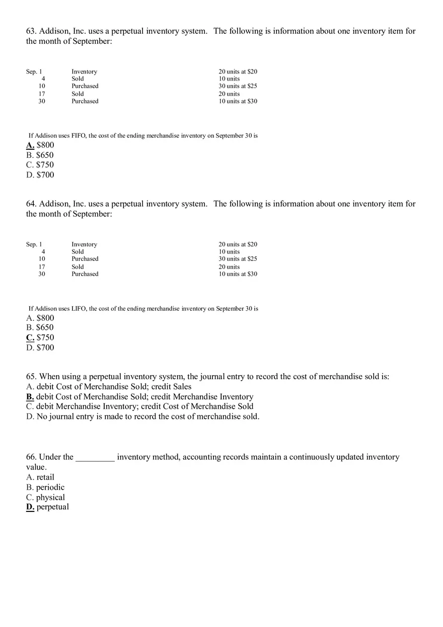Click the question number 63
tap(31, 31)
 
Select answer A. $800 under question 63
tap(40, 145)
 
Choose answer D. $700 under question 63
tap(40, 175)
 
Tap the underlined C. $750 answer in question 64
tap(40, 337)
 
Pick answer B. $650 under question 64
tap(40, 327)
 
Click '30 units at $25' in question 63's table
tap(238, 86)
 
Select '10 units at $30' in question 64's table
tap(238, 274)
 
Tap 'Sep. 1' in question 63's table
tap(34, 72)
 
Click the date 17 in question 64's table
tap(42, 266)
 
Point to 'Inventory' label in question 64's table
tap(84, 244)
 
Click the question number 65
tap(31, 377)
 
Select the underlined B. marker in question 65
tap(30, 397)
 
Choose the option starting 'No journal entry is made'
tap(147, 416)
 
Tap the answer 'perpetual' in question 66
tap(52, 507)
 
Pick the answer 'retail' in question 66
tap(45, 477)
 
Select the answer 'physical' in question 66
tap(50, 497)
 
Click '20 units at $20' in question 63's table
tap(238, 72)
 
